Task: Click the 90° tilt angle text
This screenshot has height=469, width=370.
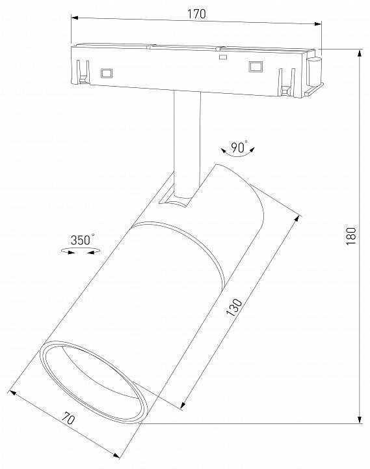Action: (x=239, y=148)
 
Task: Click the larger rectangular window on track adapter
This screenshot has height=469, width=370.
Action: (x=255, y=66)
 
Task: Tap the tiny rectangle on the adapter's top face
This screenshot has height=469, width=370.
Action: (x=222, y=57)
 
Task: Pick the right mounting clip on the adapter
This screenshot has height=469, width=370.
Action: (x=284, y=81)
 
